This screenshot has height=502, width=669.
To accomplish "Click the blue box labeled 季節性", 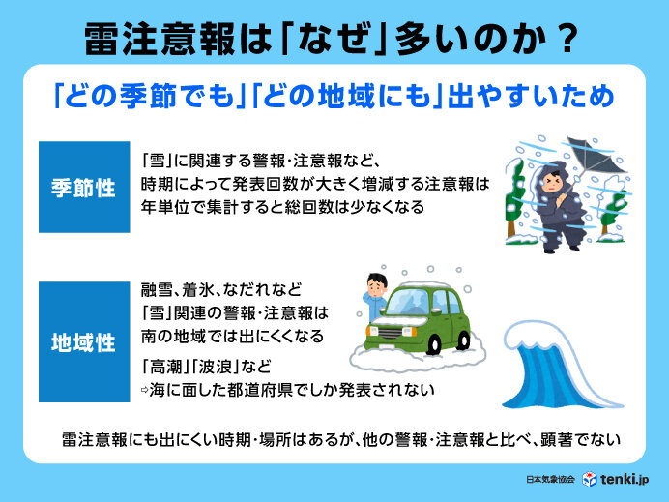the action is (84, 187).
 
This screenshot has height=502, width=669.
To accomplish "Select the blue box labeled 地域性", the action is (84, 341).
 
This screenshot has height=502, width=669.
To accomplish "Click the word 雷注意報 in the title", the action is (160, 40).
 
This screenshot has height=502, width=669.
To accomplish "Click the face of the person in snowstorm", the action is (552, 182).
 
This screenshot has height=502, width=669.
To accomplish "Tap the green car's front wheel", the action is (433, 344).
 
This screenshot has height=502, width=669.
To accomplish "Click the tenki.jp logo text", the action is (625, 479).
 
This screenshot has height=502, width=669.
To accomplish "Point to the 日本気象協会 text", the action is (550, 480).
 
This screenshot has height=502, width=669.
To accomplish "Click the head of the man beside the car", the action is (377, 286).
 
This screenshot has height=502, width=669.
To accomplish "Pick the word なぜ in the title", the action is (334, 40).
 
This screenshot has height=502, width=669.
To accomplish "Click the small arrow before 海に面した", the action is (145, 390).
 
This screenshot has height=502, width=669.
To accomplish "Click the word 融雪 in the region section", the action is (157, 290).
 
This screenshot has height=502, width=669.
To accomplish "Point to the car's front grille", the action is (390, 333).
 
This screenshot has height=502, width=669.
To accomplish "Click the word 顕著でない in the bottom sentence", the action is (580, 440).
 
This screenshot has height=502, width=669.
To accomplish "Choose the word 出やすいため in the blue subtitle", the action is (531, 96).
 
